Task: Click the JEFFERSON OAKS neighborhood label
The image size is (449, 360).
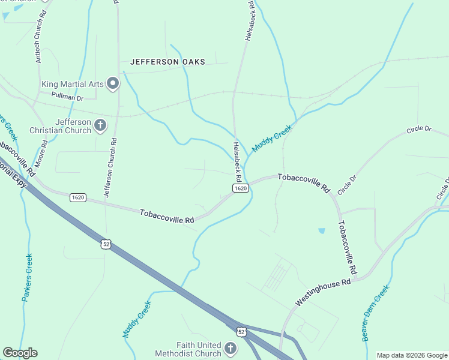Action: [x=167, y=62]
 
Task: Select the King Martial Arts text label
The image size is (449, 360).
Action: [x=73, y=84]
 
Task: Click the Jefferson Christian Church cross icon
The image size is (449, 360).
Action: [x=100, y=125]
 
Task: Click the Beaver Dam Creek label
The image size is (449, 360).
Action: [x=376, y=313]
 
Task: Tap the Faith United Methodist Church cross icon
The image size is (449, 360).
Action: [x=230, y=349]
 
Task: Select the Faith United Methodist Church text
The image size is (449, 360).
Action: [x=190, y=349]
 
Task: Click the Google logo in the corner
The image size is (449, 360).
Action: [x=20, y=353]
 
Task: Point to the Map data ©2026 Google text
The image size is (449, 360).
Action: [x=412, y=355]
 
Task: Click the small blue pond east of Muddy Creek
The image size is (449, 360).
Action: [x=322, y=230]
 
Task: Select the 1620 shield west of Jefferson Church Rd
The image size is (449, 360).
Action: [x=77, y=197]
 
